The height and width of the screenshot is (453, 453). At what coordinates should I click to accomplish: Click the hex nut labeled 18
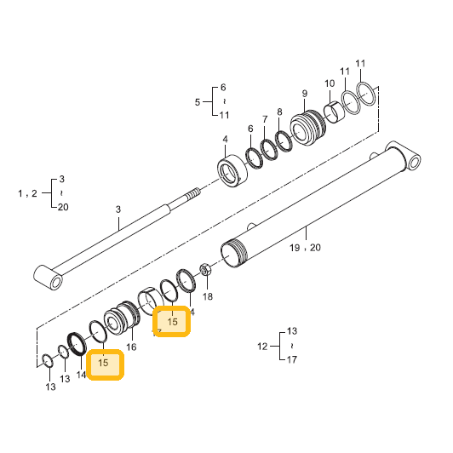[205, 269]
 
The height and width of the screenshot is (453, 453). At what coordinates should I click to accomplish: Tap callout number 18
[207, 296]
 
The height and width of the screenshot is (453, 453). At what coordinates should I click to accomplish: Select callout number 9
[305, 94]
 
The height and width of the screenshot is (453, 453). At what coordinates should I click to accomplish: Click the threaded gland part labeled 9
[307, 128]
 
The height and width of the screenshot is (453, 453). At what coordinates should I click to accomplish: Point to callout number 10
[330, 83]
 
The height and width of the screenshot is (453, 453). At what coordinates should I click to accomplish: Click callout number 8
[279, 112]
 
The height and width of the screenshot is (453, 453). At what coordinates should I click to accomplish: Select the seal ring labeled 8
[284, 141]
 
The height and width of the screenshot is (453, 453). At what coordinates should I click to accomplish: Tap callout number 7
[265, 119]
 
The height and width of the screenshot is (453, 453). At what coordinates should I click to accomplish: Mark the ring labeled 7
[269, 150]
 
